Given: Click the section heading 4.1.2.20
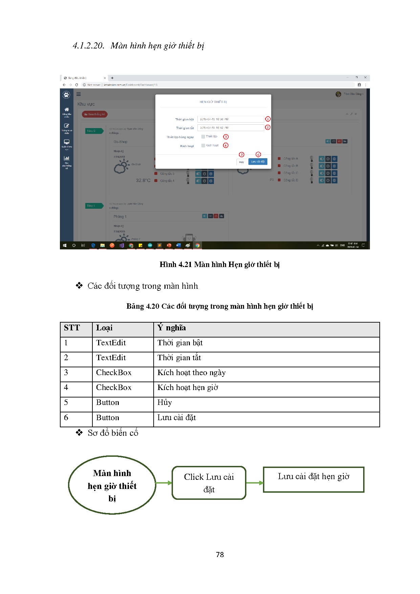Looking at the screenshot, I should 138,46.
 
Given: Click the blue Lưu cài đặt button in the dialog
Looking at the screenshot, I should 258,162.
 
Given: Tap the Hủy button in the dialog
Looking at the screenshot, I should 241,162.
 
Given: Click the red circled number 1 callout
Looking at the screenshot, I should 268,119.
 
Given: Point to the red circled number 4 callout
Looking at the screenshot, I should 226,145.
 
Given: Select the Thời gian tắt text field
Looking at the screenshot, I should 230,128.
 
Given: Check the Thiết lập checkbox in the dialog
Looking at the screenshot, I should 203,137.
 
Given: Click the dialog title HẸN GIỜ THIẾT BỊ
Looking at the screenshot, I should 213,102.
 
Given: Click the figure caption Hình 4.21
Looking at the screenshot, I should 219,264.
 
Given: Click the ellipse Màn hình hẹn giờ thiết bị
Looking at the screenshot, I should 112,485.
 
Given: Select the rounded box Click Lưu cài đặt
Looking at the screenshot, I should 209,483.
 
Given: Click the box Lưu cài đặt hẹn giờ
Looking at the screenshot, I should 313,479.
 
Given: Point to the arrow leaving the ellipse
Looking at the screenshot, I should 164,483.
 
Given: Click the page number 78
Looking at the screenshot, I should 220,555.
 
